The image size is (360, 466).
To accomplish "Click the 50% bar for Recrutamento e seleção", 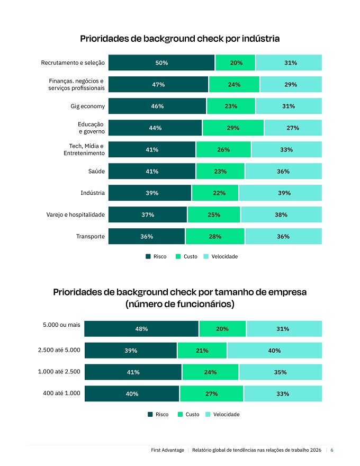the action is click(161, 62).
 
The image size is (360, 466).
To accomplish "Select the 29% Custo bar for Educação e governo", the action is click(233, 128).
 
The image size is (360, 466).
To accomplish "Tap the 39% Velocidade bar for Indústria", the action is click(281, 193).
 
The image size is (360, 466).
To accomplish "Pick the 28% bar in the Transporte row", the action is click(215, 236).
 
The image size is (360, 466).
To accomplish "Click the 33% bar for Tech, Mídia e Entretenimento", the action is click(286, 149).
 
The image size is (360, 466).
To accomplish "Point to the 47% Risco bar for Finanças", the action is click(158, 84).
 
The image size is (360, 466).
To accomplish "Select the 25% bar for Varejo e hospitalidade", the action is click(214, 214).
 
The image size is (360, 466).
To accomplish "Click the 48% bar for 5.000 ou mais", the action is click(141, 329).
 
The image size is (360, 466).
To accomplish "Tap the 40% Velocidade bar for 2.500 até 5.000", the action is click(274, 351).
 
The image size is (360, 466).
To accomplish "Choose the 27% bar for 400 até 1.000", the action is click(211, 394).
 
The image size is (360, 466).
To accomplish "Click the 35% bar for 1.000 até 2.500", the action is click(281, 372).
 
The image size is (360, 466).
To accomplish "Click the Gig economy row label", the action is click(88, 106).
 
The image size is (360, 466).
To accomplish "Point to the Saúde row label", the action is click(96, 171).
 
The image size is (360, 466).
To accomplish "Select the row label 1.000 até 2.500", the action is click(59, 372).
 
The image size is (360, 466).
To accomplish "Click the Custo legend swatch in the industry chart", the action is click(178, 256).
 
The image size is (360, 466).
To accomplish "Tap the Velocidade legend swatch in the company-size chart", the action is click(208, 414).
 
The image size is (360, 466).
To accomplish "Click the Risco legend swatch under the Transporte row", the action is click(148, 256).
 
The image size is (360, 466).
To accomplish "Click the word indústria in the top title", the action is click(260, 39).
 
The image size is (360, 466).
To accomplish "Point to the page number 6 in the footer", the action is click(332, 450).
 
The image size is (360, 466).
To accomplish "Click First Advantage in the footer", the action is click(167, 450).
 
